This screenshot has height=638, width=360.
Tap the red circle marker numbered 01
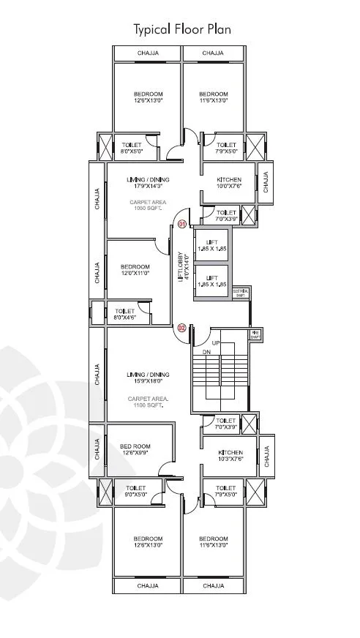pos(181,223)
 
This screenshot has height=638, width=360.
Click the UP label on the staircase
pos(215,342)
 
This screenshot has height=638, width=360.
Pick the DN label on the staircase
pos(207,352)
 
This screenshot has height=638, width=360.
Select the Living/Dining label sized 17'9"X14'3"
pos(148,183)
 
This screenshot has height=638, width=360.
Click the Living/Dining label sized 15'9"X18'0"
pos(148,378)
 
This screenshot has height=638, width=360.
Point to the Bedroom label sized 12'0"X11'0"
pos(135,270)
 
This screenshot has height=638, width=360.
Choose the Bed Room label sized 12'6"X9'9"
pos(135,449)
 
